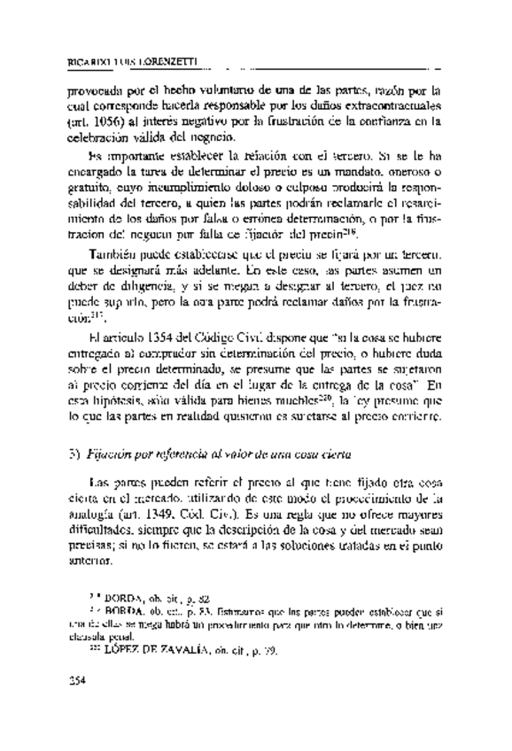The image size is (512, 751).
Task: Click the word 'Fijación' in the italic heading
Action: (110, 455)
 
